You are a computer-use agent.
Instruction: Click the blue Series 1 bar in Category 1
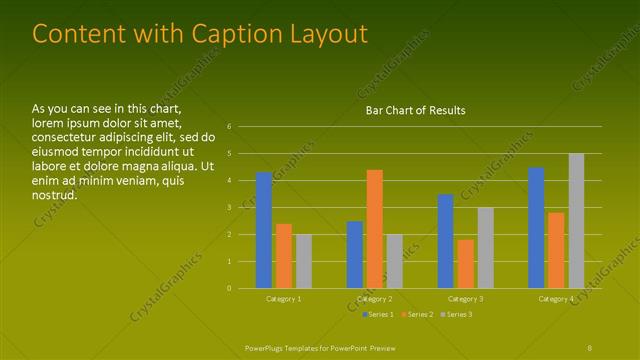[x=264, y=230]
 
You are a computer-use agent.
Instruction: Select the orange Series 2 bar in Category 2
[x=375, y=229]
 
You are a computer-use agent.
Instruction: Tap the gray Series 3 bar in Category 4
[x=576, y=221]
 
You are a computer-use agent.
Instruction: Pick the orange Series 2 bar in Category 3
[x=466, y=264]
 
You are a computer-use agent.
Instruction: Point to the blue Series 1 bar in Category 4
[x=536, y=227]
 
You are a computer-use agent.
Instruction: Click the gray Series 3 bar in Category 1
[x=304, y=261]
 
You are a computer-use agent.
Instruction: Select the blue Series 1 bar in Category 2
[x=355, y=254]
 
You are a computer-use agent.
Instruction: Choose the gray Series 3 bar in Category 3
[x=486, y=248]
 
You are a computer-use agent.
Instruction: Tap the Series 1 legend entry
[x=377, y=315]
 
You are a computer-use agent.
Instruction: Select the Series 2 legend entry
[x=415, y=315]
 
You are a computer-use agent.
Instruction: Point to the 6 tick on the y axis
[x=230, y=127]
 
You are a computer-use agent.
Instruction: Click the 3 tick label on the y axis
[x=230, y=208]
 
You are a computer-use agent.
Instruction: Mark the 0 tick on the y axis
[x=230, y=288]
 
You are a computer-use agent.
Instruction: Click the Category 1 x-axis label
[x=284, y=299]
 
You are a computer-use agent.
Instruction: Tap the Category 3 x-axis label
[x=465, y=299]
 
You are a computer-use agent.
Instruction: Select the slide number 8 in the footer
[x=590, y=346]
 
